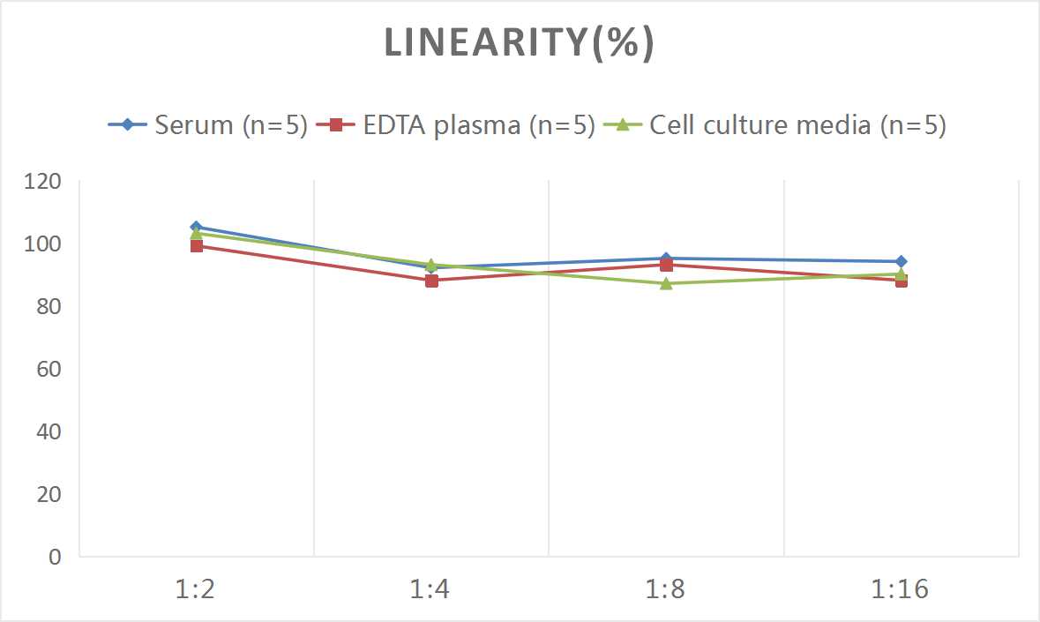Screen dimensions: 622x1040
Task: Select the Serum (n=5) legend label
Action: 230,125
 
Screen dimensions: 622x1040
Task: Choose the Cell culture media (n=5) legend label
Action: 797,125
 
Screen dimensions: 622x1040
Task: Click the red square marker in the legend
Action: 335,125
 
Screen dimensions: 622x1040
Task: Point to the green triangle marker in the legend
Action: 622,125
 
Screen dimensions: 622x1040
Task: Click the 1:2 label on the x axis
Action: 196,589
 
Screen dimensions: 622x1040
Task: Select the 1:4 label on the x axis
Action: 431,589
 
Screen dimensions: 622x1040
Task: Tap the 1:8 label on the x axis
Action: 666,589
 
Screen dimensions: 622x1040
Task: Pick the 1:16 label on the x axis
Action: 901,589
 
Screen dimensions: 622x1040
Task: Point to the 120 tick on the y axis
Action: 44,182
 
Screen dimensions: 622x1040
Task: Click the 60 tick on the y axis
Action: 49,369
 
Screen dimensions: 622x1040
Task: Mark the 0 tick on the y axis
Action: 56,557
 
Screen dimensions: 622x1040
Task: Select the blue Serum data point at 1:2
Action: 196,227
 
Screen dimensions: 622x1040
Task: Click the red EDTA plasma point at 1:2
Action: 196,246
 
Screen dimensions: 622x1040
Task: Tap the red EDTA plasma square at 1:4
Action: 431,281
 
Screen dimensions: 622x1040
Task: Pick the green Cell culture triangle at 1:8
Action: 666,283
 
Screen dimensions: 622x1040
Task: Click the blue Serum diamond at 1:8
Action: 666,259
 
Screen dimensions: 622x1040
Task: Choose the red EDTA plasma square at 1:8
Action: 666,266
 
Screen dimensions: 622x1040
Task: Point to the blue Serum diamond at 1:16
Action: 901,261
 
